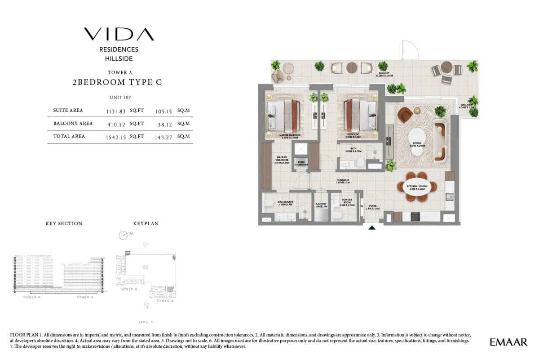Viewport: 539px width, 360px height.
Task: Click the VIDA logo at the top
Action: click(119, 34)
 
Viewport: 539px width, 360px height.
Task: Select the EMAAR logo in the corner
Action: click(508, 342)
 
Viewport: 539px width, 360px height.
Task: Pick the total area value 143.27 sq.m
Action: click(165, 137)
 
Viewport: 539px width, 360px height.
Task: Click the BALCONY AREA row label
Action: click(73, 124)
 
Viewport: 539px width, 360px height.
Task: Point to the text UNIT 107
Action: click(120, 98)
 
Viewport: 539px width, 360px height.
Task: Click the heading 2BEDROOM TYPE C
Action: click(117, 82)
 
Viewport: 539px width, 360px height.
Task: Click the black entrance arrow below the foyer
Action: click(372, 228)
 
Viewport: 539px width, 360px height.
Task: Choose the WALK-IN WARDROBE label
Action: click(282, 160)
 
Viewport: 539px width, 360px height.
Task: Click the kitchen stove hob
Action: click(415, 217)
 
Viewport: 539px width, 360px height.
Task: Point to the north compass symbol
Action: click(124, 235)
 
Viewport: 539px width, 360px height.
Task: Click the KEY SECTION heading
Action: click(64, 223)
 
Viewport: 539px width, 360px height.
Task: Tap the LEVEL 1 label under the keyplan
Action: click(146, 322)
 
